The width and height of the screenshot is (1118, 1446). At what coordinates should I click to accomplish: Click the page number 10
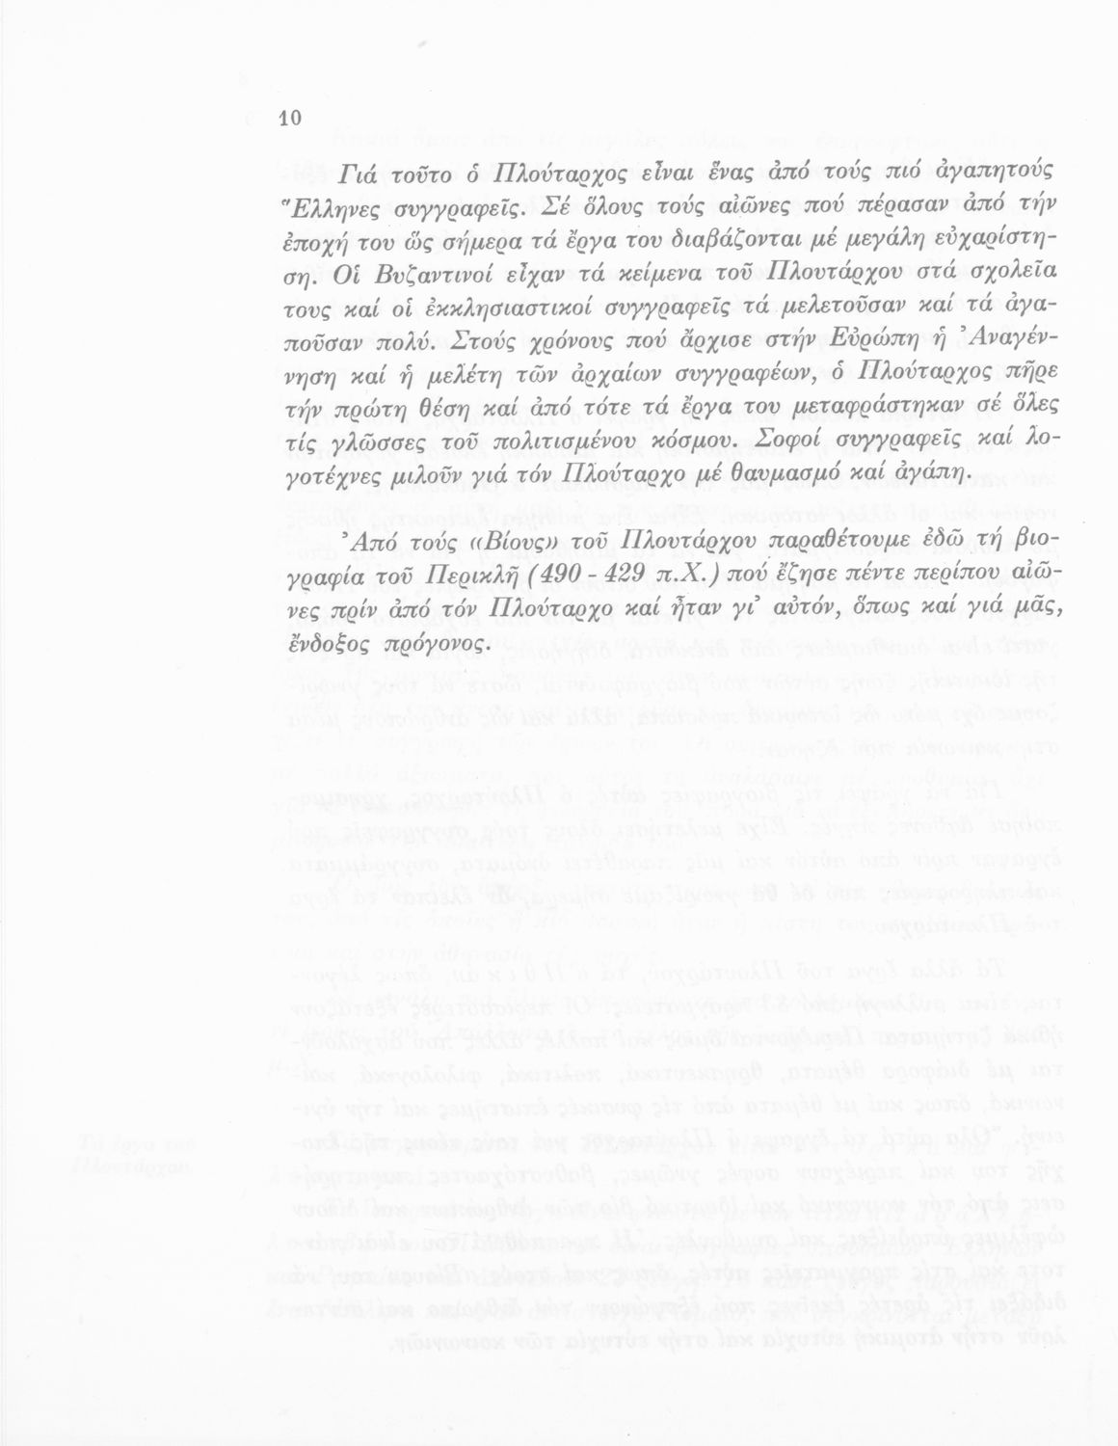pyautogui.click(x=290, y=119)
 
